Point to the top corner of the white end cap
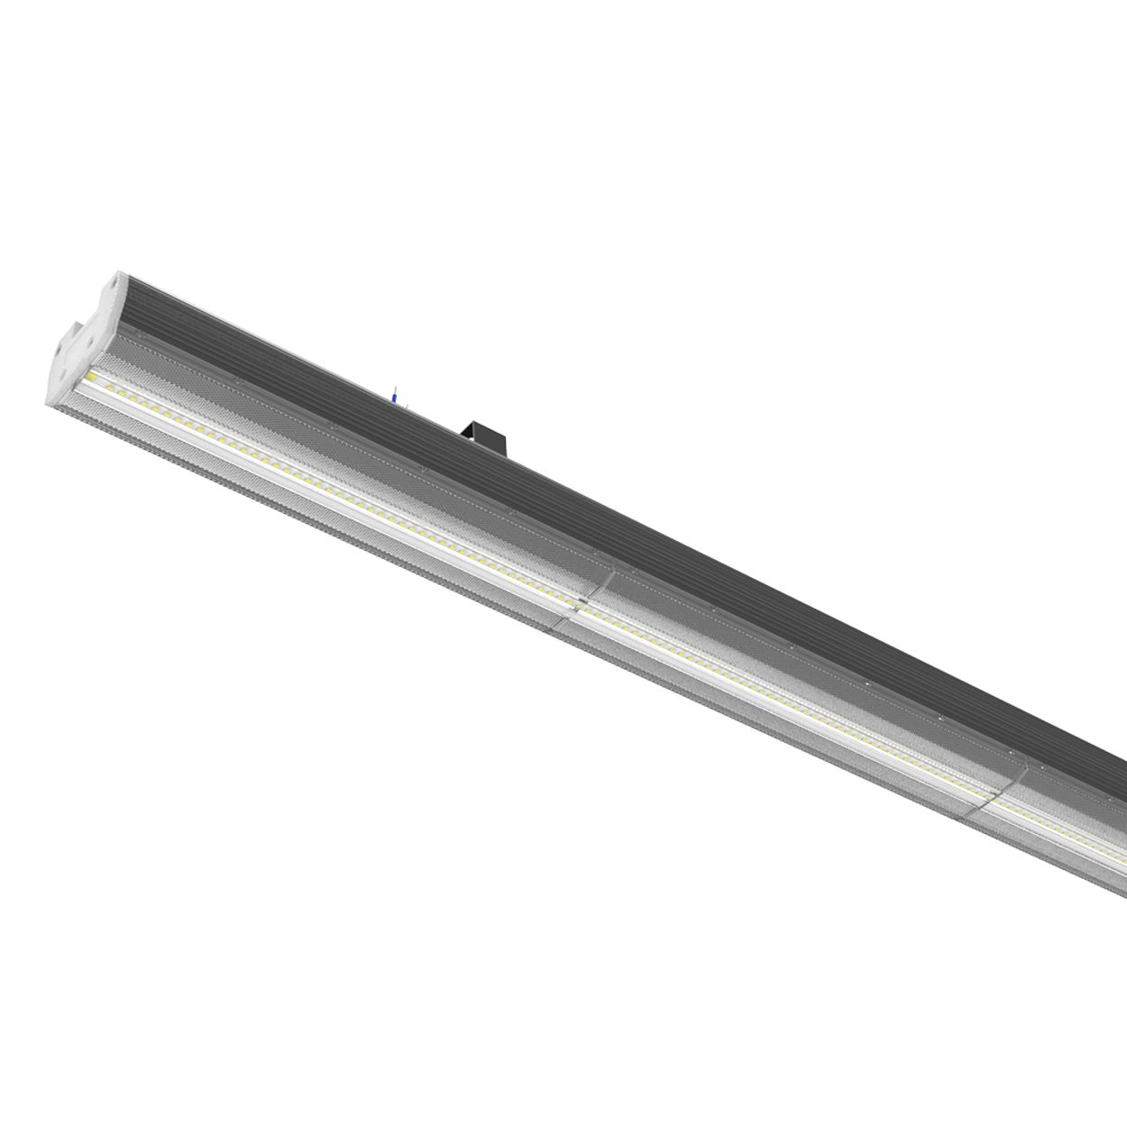119,271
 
